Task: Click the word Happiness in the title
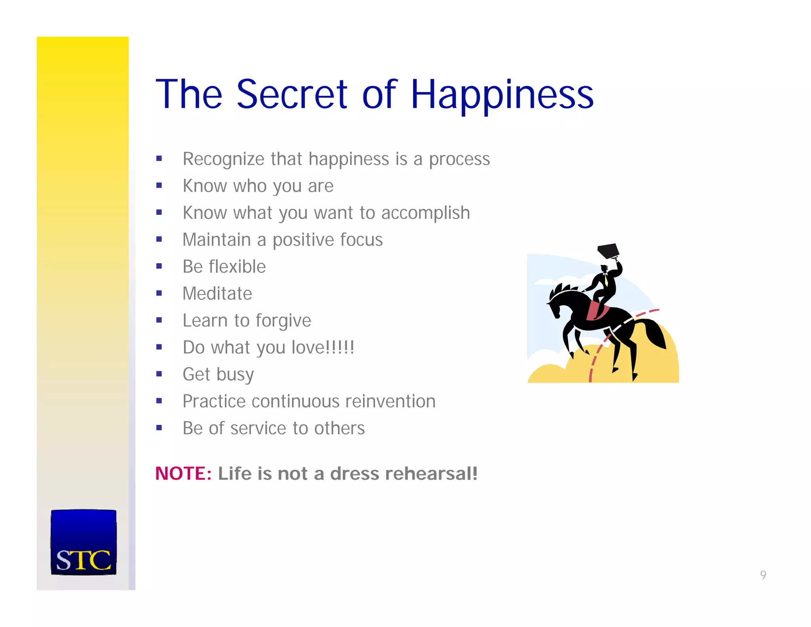[x=502, y=95]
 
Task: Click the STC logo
[x=84, y=542]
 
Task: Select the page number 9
[x=763, y=575]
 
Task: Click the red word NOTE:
[x=183, y=474]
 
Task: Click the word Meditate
[x=217, y=294]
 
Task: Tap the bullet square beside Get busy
[x=159, y=374]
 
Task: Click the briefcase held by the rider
[x=608, y=250]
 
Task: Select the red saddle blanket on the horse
[x=595, y=312]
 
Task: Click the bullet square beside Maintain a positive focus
[x=159, y=239]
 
